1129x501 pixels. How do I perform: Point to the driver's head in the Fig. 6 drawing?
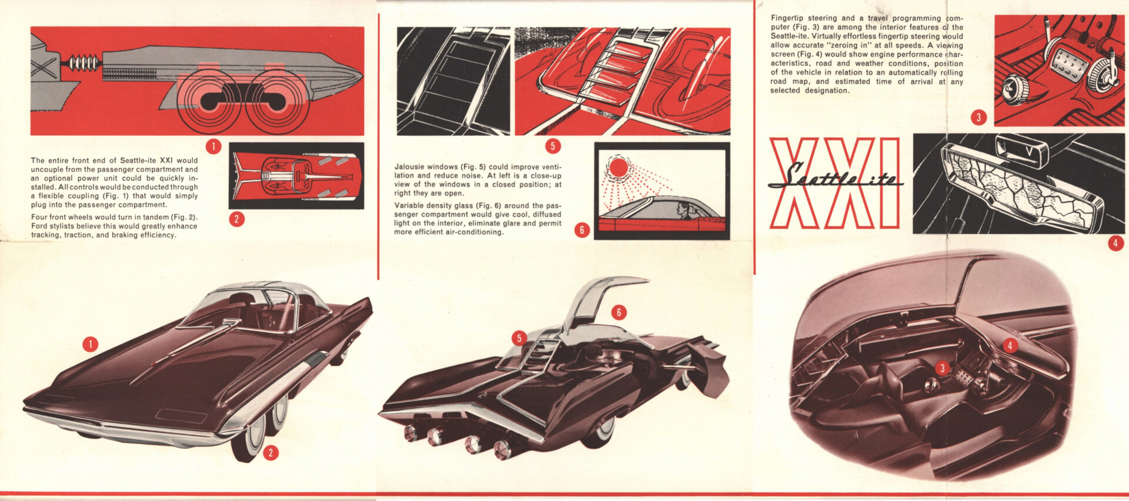683,208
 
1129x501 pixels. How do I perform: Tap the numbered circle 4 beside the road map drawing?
1115,243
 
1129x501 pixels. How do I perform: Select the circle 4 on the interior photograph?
1010,345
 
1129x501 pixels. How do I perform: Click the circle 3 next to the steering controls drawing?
978,117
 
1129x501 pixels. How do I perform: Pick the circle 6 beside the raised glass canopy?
618,312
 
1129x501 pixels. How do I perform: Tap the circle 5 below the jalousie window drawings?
553,146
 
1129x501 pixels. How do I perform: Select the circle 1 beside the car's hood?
90,344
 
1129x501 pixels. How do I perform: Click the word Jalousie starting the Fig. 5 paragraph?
409,167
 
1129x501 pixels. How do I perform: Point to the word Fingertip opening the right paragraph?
788,18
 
